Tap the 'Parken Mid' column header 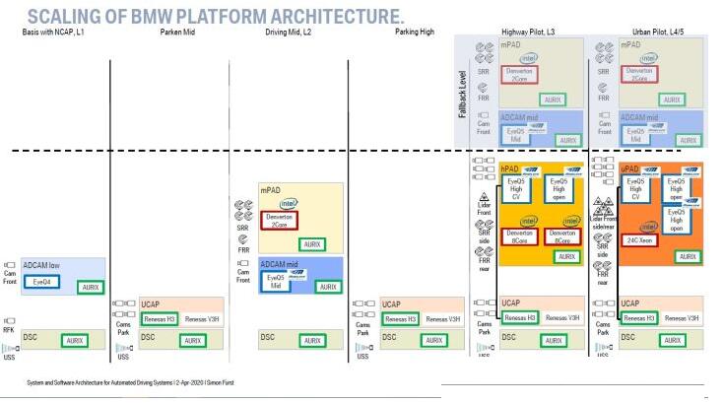179,34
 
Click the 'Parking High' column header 414,34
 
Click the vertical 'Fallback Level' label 462,95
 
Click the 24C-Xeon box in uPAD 640,238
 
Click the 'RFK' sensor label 9,332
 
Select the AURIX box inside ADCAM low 91,288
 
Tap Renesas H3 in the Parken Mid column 160,318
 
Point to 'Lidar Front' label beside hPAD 484,208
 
